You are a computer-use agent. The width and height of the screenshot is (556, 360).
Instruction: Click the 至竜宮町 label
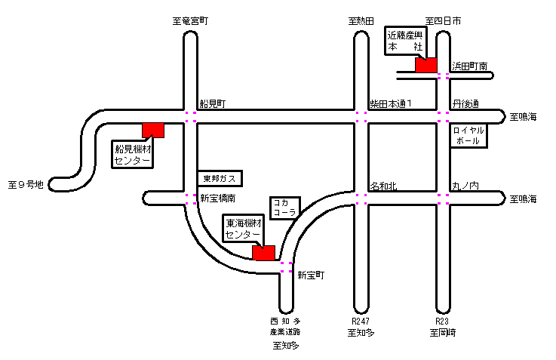pyautogui.click(x=190, y=22)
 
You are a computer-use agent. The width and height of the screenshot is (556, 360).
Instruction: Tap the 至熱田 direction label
pyautogui.click(x=361, y=22)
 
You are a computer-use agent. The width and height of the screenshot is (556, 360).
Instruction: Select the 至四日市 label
pyautogui.click(x=444, y=22)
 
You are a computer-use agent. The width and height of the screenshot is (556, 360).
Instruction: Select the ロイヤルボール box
pyautogui.click(x=468, y=136)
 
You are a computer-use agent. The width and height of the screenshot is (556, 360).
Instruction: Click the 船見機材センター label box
pyautogui.click(x=133, y=153)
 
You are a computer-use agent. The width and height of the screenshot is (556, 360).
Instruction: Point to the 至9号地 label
pyautogui.click(x=26, y=183)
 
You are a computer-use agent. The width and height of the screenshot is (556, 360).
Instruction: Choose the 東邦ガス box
pyautogui.click(x=220, y=179)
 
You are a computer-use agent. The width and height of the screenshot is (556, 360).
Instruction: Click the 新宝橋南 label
pyautogui.click(x=218, y=199)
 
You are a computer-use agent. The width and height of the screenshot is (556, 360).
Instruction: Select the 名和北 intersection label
pyautogui.click(x=383, y=185)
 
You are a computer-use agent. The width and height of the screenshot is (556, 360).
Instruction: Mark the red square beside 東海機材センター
pyautogui.click(x=264, y=254)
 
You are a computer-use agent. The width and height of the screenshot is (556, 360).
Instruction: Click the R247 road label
pyautogui.click(x=361, y=320)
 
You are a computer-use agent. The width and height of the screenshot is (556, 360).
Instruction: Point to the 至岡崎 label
pyautogui.click(x=444, y=332)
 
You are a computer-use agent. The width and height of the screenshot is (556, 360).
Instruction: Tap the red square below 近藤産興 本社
pyautogui.click(x=426, y=65)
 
